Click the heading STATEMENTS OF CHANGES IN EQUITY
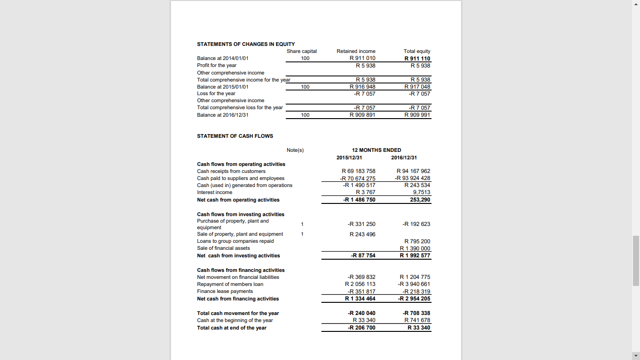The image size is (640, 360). click(x=246, y=44)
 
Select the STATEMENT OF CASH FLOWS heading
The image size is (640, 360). click(x=235, y=136)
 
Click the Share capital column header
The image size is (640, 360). click(x=301, y=51)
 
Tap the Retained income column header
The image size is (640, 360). click(x=356, y=51)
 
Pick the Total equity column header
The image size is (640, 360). click(x=417, y=51)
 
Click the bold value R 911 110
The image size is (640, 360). click(x=417, y=59)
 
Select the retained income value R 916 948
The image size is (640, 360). click(x=362, y=87)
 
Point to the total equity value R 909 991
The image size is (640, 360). click(x=417, y=115)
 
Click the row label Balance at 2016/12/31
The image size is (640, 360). click(x=223, y=115)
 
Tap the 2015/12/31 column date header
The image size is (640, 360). click(x=349, y=157)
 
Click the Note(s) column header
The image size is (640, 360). click(x=295, y=150)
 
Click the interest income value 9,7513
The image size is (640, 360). click(x=421, y=192)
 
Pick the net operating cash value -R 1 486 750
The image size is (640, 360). click(x=359, y=200)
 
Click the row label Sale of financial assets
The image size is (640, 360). click(x=223, y=248)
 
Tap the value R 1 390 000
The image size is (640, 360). click(x=415, y=248)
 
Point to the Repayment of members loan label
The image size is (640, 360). click(x=230, y=284)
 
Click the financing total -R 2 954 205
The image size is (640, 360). click(x=414, y=299)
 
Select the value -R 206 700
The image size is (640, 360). click(x=361, y=328)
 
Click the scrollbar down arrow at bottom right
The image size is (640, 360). click(x=636, y=356)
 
